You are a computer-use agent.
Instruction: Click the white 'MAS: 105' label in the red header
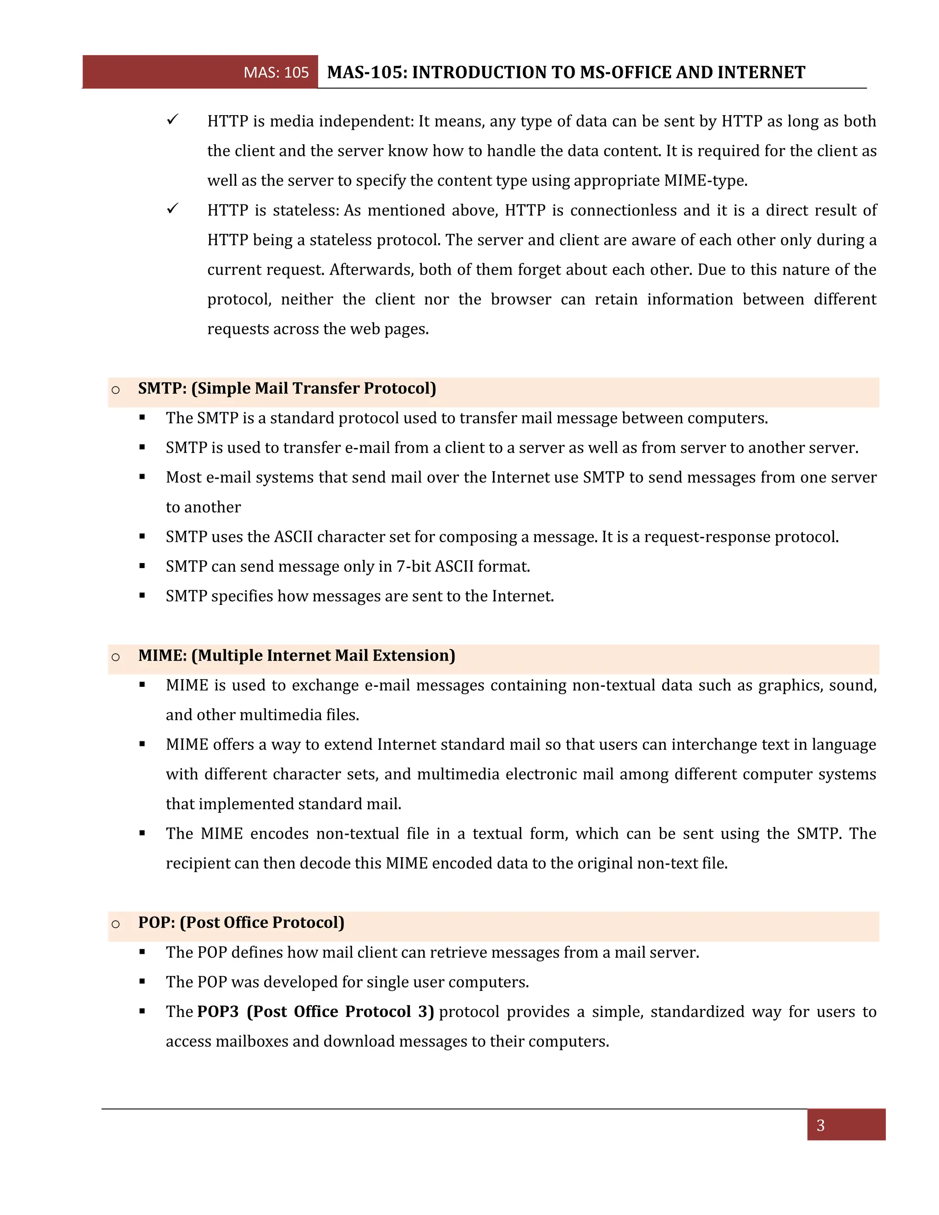276,72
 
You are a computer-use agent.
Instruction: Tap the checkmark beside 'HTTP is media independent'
172,120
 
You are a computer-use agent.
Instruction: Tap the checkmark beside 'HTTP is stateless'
172,209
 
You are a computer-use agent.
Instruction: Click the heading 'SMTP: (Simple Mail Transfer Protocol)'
287,388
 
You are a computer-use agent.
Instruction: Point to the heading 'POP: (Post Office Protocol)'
241,922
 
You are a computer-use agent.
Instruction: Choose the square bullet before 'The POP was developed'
143,982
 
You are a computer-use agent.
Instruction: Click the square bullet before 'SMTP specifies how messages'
143,596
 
